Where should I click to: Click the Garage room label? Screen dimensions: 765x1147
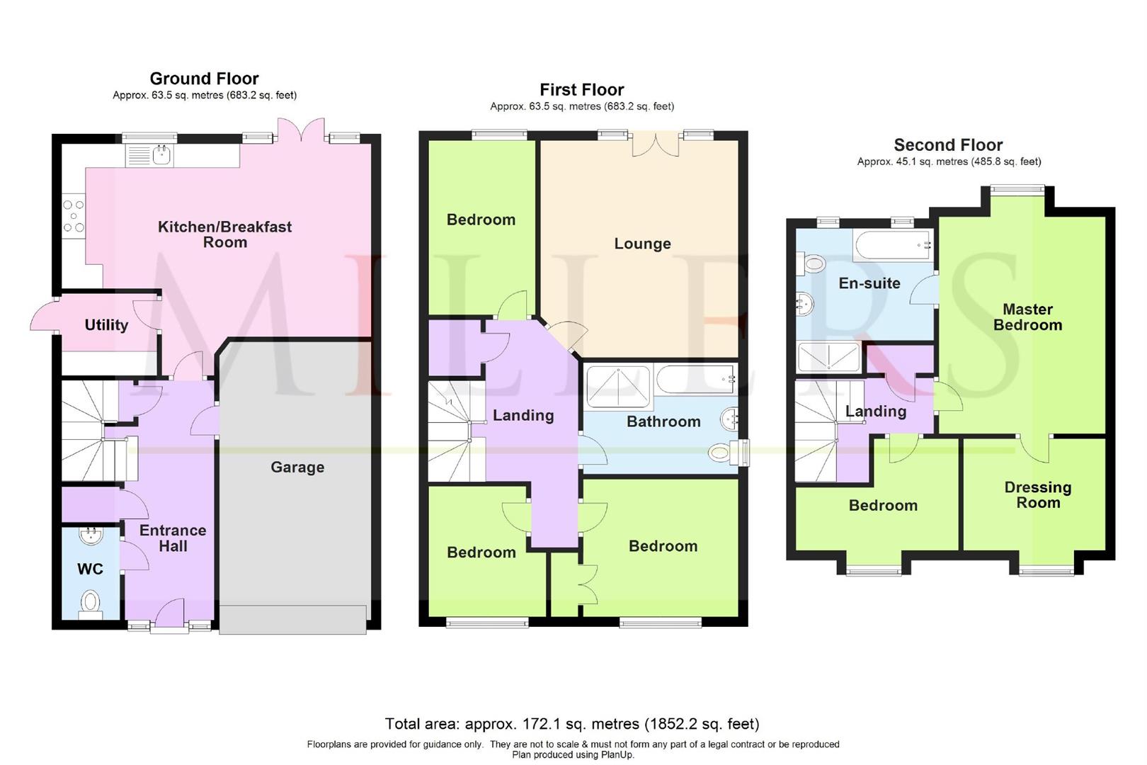[x=297, y=467]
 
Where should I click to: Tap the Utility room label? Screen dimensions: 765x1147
[x=106, y=325]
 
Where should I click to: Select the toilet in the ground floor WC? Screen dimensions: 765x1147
[x=91, y=604]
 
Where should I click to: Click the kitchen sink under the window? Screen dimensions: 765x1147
[x=163, y=154]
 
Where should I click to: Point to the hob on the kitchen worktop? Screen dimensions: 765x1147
[x=74, y=216]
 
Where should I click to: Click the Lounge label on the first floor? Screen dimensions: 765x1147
[x=642, y=244]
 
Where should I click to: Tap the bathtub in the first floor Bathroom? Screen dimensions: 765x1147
[x=696, y=380]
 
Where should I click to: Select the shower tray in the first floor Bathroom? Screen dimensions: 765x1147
[x=618, y=386]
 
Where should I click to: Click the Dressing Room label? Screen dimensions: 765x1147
[x=1038, y=495]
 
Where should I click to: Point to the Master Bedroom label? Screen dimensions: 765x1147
[x=1027, y=317]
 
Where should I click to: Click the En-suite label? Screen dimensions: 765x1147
[x=869, y=283]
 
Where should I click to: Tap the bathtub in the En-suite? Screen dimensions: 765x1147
[x=892, y=246]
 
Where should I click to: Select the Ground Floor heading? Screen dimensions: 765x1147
[x=204, y=79]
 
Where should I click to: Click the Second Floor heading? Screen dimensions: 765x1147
[x=948, y=145]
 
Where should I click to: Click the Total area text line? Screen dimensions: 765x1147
[x=572, y=724]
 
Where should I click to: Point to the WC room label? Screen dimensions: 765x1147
[x=90, y=569]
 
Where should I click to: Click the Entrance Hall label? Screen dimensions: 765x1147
[x=173, y=538]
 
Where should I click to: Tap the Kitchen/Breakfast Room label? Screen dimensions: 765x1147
[x=224, y=234]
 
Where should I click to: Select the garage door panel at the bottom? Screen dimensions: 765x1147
[x=293, y=619]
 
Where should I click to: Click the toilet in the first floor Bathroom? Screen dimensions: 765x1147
[x=721, y=453]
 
